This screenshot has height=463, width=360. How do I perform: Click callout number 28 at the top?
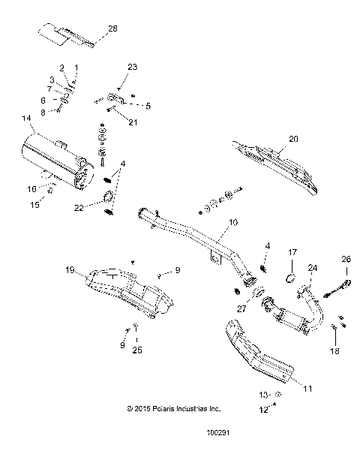pos(112,28)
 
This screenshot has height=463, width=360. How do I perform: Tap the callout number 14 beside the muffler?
pos(26,118)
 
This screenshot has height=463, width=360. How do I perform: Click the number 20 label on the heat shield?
pos(294,138)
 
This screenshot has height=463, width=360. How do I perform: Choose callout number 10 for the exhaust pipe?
pos(232,222)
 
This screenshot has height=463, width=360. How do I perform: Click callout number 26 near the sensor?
pos(346,260)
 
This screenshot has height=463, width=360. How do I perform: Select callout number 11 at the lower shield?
pos(308,389)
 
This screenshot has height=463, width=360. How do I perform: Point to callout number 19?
pos(70,272)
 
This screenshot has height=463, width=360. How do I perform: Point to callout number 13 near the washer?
pos(263,394)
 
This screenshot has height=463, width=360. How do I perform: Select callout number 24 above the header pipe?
pos(313,266)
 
